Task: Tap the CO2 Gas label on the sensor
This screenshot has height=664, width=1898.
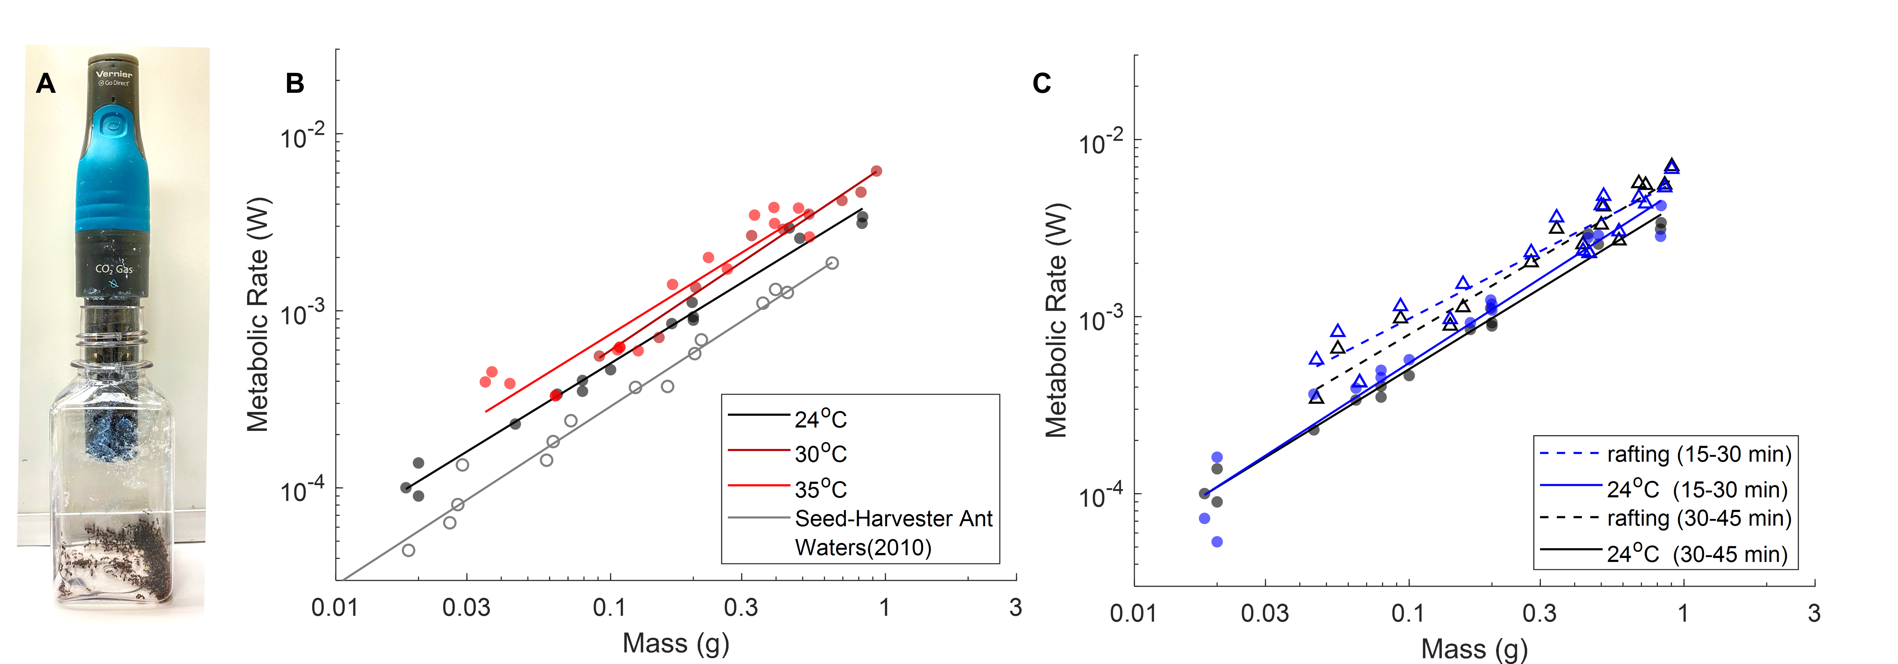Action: pos(114,269)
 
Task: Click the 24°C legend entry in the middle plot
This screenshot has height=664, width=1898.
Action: pos(820,419)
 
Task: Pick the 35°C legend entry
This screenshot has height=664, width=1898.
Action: pos(820,488)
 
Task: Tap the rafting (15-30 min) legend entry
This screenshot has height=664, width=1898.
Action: pos(1698,454)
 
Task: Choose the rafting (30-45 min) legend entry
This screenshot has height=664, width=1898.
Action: pos(1698,518)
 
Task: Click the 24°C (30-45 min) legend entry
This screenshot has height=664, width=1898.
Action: pos(1697,554)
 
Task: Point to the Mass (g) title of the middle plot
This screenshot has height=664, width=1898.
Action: pos(676,643)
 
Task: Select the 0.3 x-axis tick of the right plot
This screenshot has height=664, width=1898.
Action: pos(1539,612)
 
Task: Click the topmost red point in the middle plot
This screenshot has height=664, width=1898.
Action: pos(876,171)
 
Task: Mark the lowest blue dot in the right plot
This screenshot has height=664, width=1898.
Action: pos(1217,542)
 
